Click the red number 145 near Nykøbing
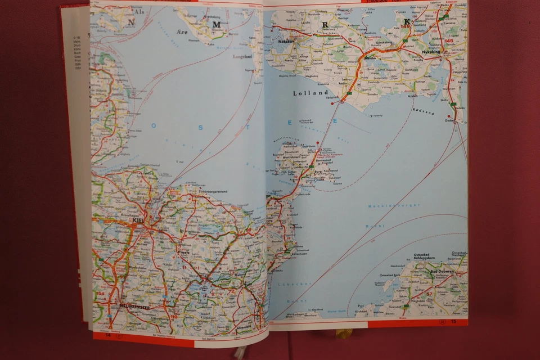(449, 41)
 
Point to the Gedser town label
(448, 120)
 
